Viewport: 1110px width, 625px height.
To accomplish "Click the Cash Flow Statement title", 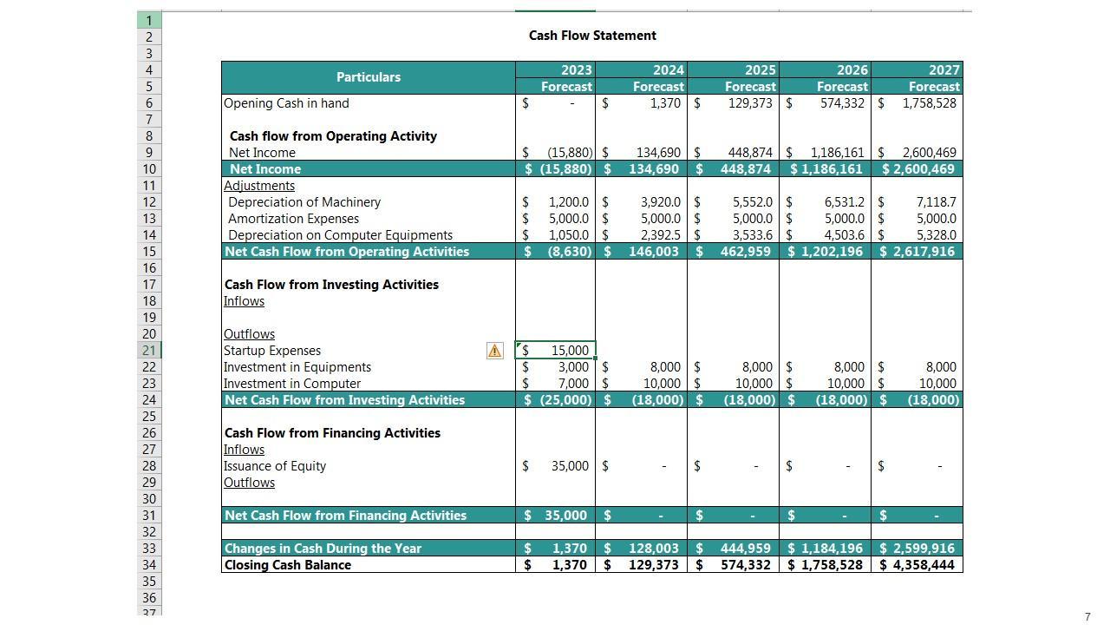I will click(x=592, y=36).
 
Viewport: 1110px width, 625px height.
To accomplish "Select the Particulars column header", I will click(x=368, y=77).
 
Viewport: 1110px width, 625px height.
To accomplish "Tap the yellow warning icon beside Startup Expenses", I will click(x=494, y=351).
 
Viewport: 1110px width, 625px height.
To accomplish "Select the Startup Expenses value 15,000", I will click(x=569, y=351).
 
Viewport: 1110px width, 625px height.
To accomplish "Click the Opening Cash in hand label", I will click(x=286, y=103).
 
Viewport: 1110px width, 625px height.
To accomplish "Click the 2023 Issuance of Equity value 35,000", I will click(x=569, y=466).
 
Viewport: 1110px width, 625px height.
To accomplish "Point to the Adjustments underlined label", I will click(x=259, y=186).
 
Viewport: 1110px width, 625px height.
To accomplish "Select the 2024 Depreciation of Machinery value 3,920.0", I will click(x=660, y=202).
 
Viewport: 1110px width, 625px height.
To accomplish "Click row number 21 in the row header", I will click(x=148, y=351).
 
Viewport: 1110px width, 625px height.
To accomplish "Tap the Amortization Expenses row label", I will click(x=293, y=219).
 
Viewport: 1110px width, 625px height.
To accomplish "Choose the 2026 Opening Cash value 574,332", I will click(x=841, y=103).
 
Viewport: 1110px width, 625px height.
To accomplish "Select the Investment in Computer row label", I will click(x=292, y=384).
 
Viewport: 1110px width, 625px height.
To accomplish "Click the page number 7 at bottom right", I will click(x=1087, y=617).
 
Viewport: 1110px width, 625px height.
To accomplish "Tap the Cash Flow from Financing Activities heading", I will click(x=332, y=433).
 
